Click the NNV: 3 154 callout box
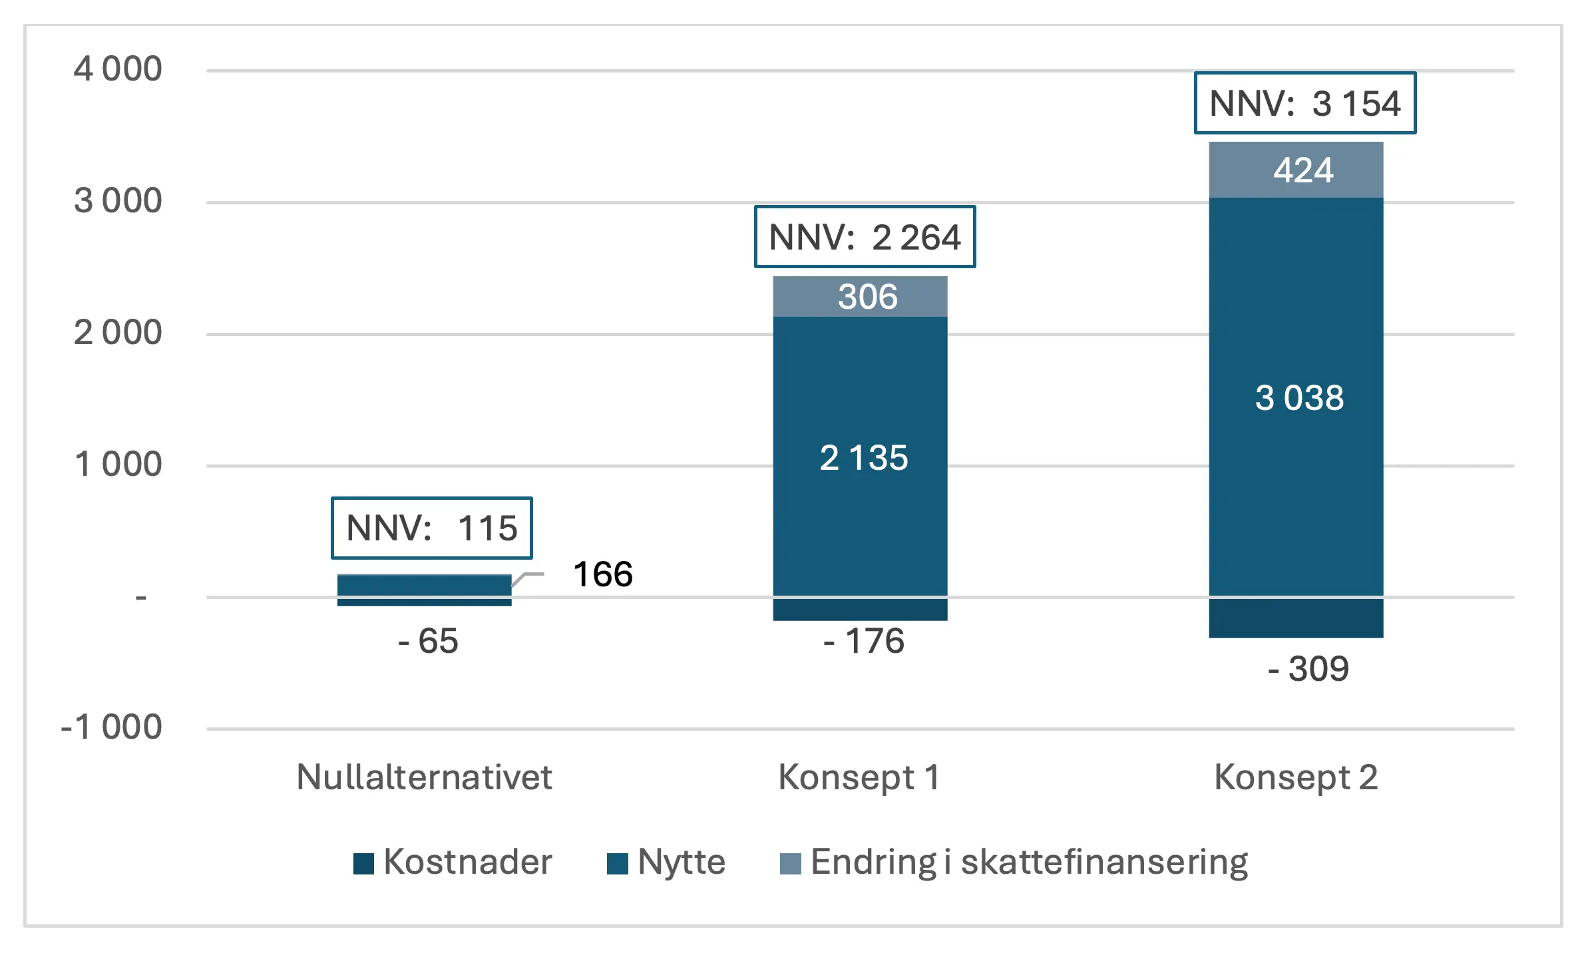coord(1304,103)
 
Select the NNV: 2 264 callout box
coord(865,237)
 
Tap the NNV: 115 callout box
coord(431,528)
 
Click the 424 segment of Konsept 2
coord(1296,170)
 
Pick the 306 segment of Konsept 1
coord(860,297)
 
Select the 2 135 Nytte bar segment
coord(860,458)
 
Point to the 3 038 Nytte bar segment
coord(1296,397)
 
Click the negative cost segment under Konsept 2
coord(1296,618)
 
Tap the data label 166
coord(603,574)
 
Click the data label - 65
coord(428,641)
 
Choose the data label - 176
coord(864,641)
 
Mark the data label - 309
coord(1308,668)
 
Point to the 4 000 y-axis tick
coord(118,69)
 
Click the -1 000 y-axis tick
coord(111,727)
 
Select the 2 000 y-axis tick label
coord(118,333)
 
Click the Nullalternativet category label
coord(424,777)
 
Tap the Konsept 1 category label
coord(859,777)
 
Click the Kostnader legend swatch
coord(363,863)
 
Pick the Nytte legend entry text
coord(681,862)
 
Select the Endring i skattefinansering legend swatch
coord(790,863)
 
